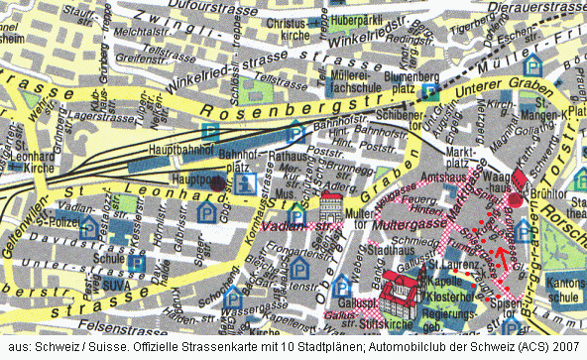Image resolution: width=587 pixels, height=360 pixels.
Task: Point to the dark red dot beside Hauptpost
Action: [x=217, y=183]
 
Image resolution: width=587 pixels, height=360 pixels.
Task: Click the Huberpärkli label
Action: [x=357, y=19]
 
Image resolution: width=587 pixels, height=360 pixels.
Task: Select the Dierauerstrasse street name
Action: [x=536, y=6]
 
